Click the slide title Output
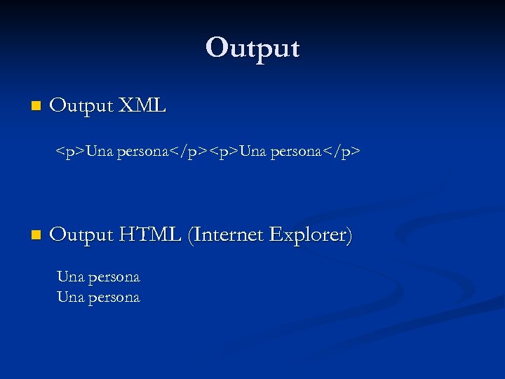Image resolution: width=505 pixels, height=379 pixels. point(252,48)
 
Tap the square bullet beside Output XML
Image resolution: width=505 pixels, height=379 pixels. point(36,107)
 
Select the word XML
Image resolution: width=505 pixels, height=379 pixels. point(142,106)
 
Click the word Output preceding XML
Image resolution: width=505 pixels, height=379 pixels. point(81,106)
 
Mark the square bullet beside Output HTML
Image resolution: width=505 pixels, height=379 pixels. point(36,234)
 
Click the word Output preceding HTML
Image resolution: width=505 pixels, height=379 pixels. point(81,234)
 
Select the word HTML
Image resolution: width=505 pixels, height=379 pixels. point(150,234)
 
